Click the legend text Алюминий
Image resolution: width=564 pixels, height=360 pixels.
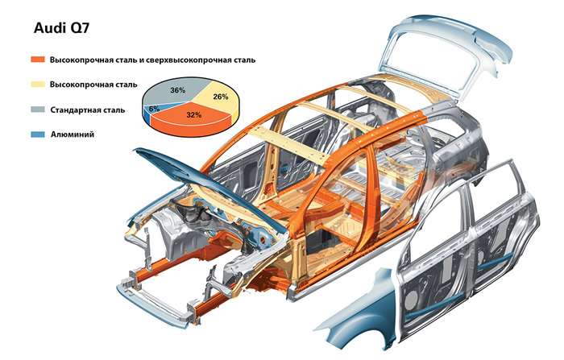(73, 134)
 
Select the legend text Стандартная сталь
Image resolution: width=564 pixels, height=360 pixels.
(87, 110)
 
